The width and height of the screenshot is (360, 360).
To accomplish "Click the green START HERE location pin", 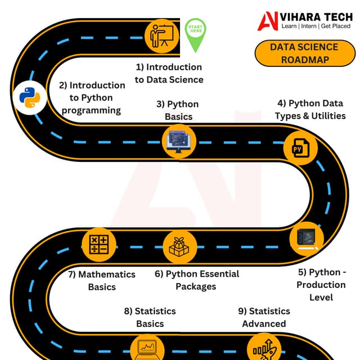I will [196, 33].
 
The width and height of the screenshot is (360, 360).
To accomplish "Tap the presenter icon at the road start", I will [162, 37].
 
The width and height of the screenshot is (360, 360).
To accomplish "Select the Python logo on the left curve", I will [29, 96].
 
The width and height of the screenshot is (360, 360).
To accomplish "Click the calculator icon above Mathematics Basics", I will [99, 245].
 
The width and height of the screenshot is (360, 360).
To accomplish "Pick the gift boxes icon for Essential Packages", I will [179, 246].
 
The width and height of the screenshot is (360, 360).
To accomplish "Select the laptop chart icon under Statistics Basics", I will [148, 349].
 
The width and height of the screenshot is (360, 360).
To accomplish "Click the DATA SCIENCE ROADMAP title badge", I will [304, 53].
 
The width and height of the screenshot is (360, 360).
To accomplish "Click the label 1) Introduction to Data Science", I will [169, 73].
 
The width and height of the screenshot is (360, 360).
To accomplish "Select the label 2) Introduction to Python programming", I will [92, 97].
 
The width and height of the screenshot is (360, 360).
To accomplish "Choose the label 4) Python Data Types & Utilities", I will [310, 110].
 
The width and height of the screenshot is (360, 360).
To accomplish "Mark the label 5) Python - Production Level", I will [321, 284].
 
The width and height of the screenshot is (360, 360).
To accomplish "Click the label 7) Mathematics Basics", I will [102, 280].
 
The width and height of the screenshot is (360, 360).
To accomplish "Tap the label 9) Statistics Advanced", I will [264, 317].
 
